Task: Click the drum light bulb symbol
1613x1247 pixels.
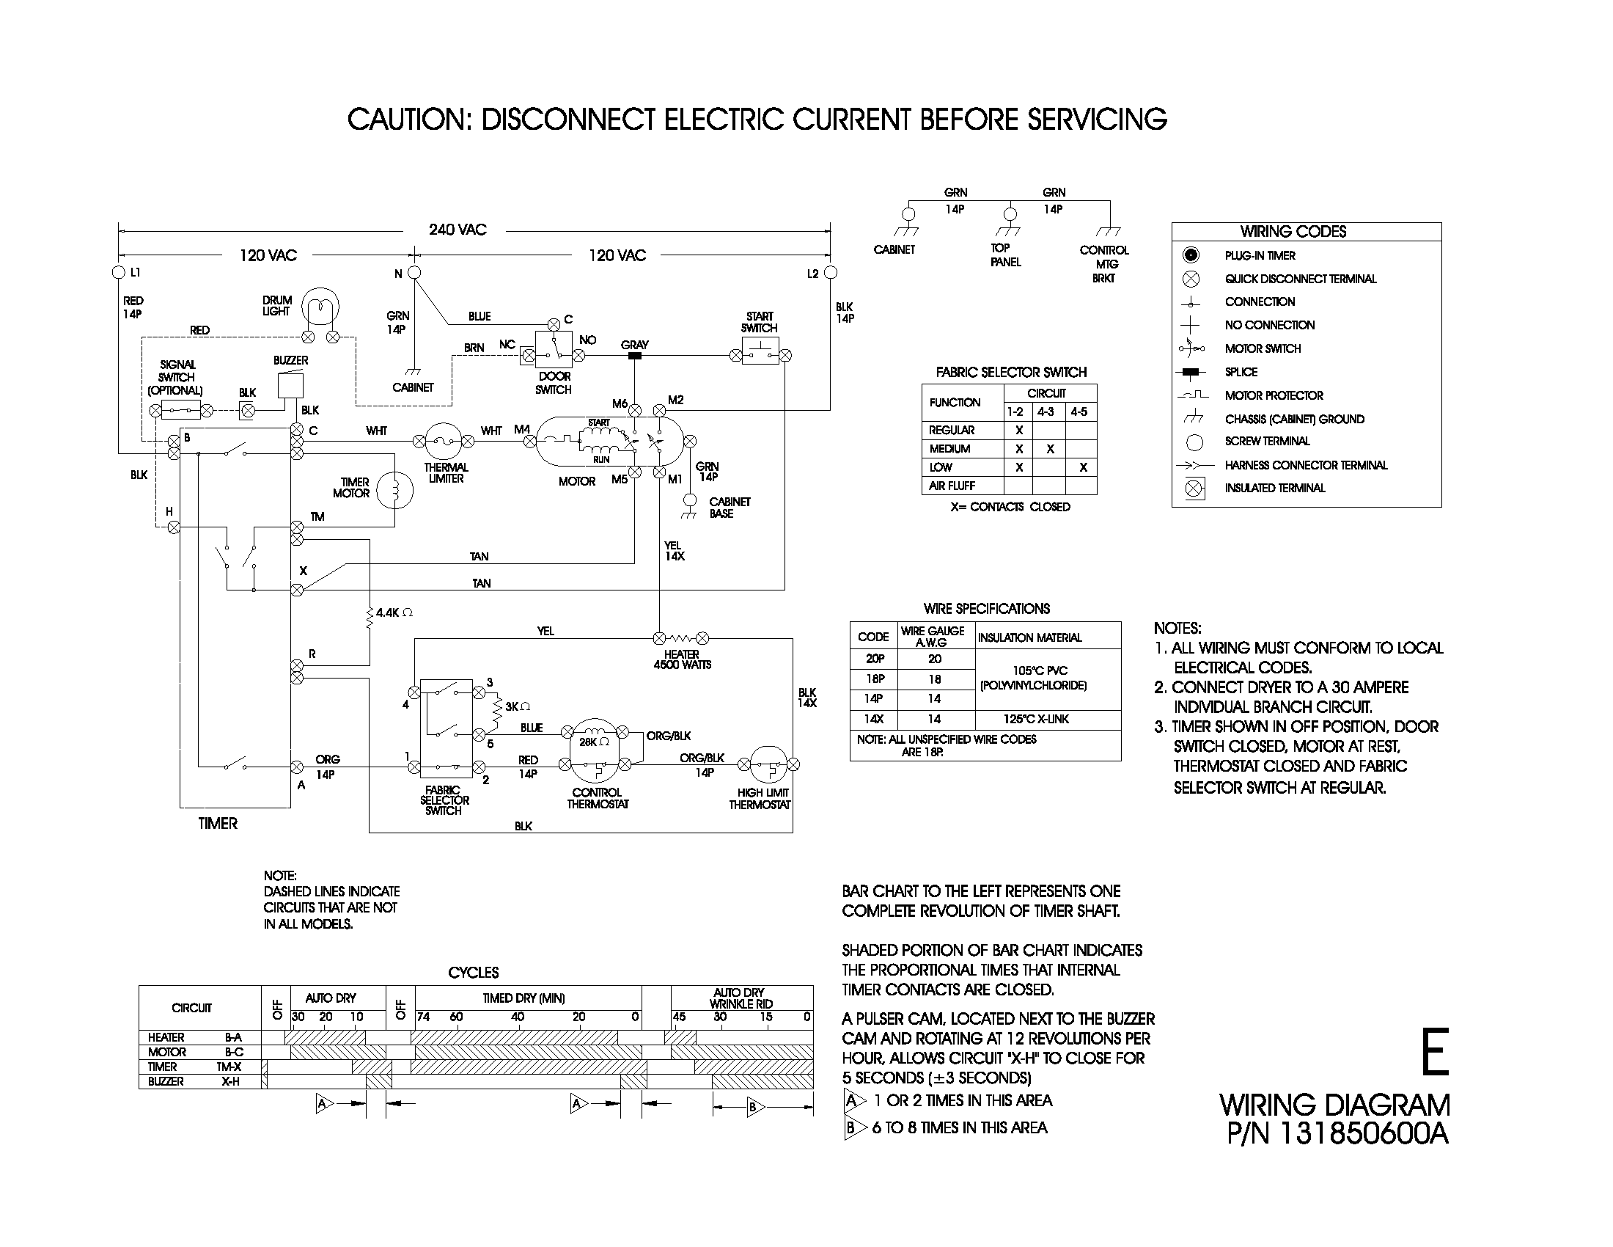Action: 320,307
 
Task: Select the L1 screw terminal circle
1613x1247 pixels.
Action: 118,273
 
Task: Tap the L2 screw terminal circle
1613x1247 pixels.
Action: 830,273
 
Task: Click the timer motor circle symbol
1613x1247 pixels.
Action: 394,490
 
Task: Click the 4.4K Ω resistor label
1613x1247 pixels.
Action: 394,612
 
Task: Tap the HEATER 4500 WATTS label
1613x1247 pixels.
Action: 682,659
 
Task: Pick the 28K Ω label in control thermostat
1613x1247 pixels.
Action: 594,741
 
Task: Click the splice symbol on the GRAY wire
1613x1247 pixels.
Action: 633,356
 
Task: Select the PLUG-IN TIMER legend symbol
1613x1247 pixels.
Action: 1191,255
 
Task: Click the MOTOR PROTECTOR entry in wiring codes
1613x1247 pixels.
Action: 1274,395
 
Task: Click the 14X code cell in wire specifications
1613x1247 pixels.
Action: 873,719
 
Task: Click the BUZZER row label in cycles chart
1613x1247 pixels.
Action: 166,1081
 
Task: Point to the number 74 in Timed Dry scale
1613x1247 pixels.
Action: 423,1017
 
